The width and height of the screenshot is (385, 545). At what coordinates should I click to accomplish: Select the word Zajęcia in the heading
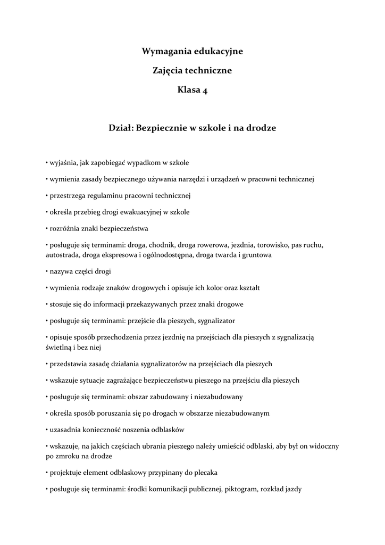pos(168,71)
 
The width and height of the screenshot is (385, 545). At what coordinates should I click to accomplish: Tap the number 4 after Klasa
pos(205,90)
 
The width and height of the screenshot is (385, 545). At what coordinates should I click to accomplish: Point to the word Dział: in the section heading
pos(122,128)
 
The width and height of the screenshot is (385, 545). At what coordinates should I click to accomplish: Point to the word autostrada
pos(62,255)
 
